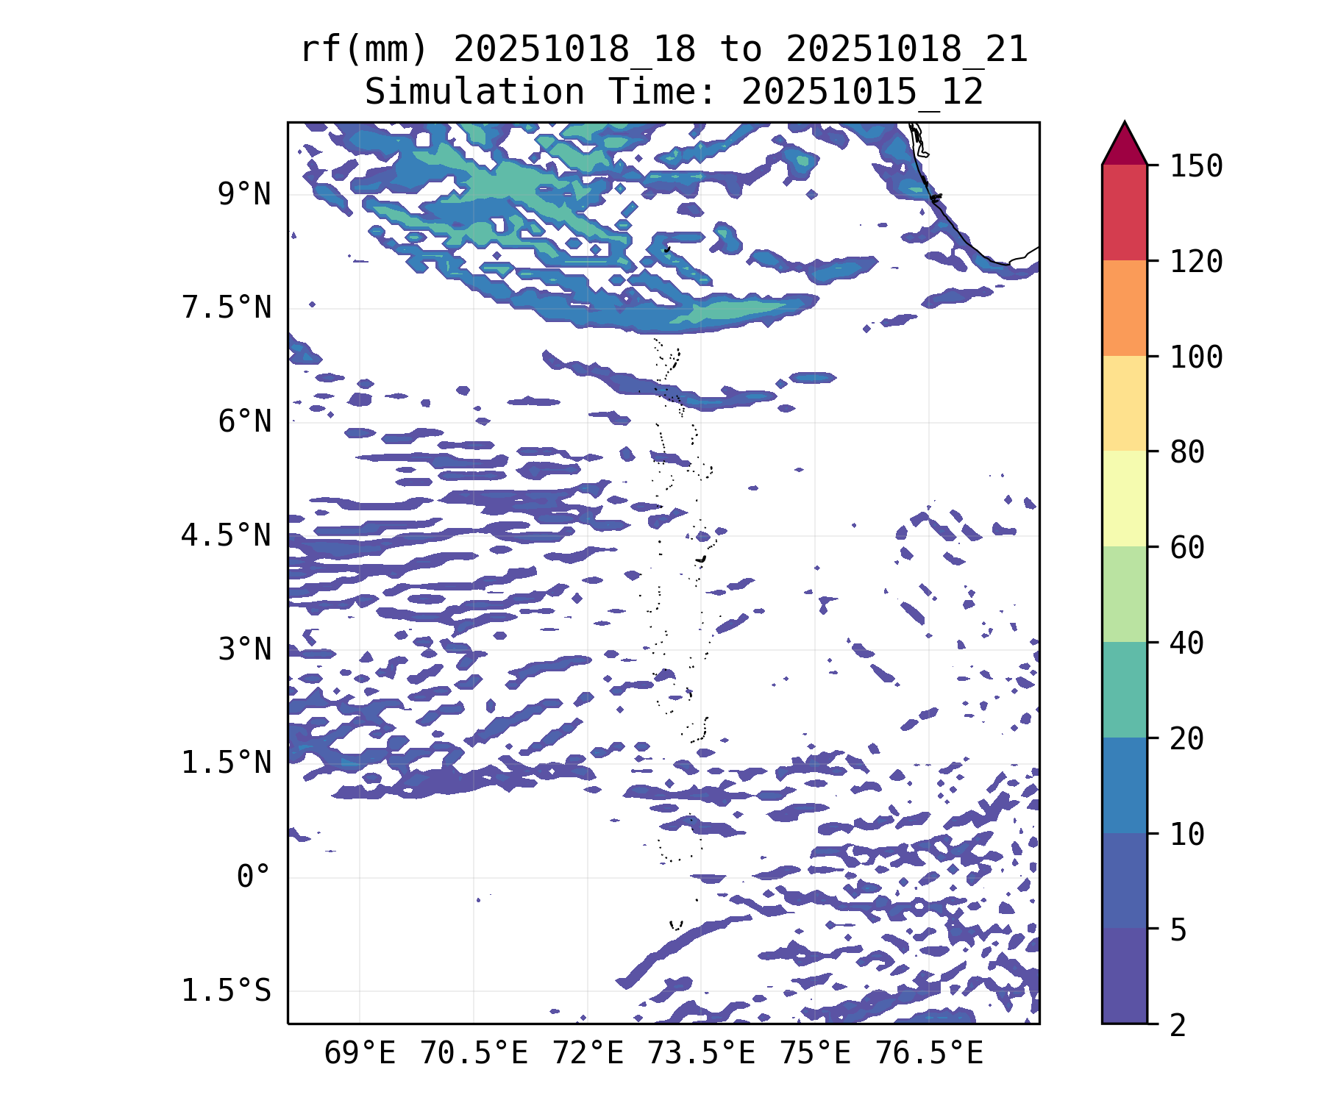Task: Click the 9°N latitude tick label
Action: tap(244, 195)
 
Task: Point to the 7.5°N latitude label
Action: tap(227, 308)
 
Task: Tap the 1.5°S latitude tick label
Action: tap(227, 991)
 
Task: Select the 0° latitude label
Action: tap(254, 877)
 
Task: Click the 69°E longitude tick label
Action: tap(360, 1054)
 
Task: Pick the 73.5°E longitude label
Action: tap(701, 1054)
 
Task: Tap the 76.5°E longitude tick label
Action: tap(929, 1054)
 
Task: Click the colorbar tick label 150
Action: tap(1197, 166)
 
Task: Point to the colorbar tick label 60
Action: tap(1187, 548)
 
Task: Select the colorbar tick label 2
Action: tap(1178, 1025)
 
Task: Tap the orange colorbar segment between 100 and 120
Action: tap(1125, 308)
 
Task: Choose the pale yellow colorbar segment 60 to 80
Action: tap(1125, 499)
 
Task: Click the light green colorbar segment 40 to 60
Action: tap(1125, 594)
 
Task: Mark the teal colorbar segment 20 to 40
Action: tap(1125, 690)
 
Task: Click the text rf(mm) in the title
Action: tap(364, 50)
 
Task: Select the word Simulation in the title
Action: tap(474, 93)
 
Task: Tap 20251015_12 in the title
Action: tap(862, 93)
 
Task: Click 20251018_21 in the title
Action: tap(906, 50)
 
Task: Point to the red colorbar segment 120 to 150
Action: tap(1125, 213)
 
